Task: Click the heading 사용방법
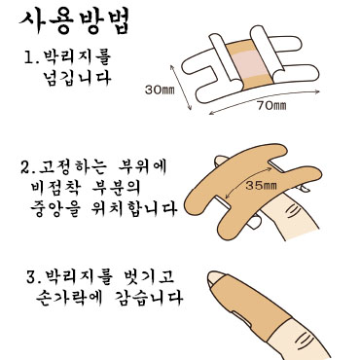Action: pos(74,21)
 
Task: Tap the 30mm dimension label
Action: pos(160,90)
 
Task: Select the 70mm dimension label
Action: pos(271,105)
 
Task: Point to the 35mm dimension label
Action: pos(261,186)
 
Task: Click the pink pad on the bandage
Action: pos(249,64)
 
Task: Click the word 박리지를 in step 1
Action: pos(77,57)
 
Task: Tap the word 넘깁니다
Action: pos(77,78)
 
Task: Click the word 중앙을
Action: pos(55,209)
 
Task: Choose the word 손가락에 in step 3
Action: pos(69,297)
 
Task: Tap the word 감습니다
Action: pos(149,297)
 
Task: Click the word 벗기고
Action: pos(149,276)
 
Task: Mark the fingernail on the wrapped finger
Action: pos(215,278)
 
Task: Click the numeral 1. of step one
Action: pos(32,57)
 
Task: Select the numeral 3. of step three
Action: pos(34,276)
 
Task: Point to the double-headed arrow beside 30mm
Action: pos(181,87)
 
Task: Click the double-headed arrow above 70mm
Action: pos(265,99)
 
